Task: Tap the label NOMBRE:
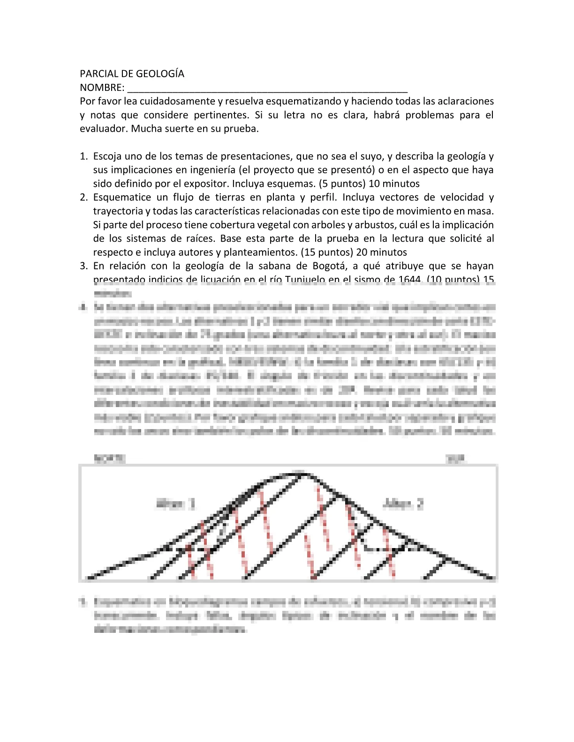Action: [x=102, y=88]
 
